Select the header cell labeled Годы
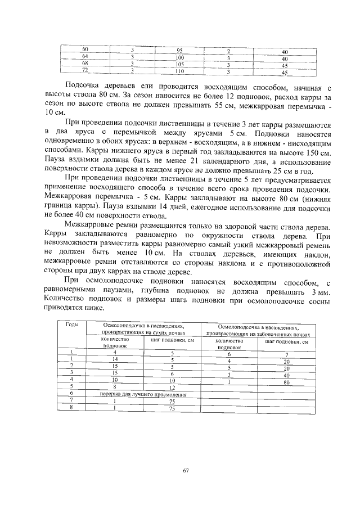point(71,325)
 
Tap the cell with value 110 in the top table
point(180,72)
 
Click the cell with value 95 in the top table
point(180,51)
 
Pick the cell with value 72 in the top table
point(85,71)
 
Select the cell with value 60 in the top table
point(85,51)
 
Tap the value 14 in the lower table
point(115,359)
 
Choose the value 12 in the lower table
point(173,388)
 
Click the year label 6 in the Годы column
point(72,395)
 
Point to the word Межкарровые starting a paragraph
point(91,223)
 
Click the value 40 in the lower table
point(286,375)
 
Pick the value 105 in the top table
point(180,65)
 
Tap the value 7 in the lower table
point(286,354)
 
